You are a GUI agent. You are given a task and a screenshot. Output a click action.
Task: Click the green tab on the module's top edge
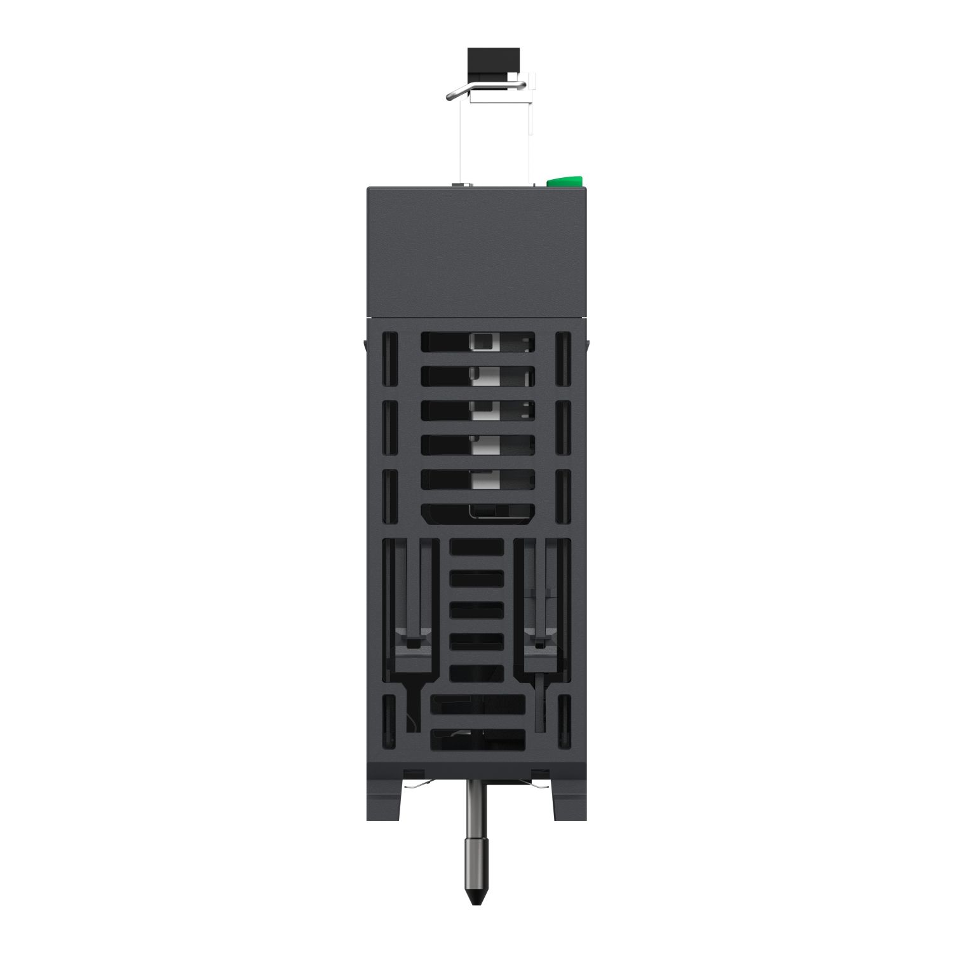[x=565, y=182]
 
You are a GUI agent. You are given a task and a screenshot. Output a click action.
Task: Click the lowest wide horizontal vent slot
[x=478, y=739]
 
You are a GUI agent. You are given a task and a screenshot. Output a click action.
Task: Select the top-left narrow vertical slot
[x=388, y=360]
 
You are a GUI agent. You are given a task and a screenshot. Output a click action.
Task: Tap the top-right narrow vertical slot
[x=563, y=360]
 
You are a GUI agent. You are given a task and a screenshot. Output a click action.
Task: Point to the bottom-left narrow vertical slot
[x=388, y=720]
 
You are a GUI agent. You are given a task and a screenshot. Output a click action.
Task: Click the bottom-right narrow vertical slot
[x=564, y=720]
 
